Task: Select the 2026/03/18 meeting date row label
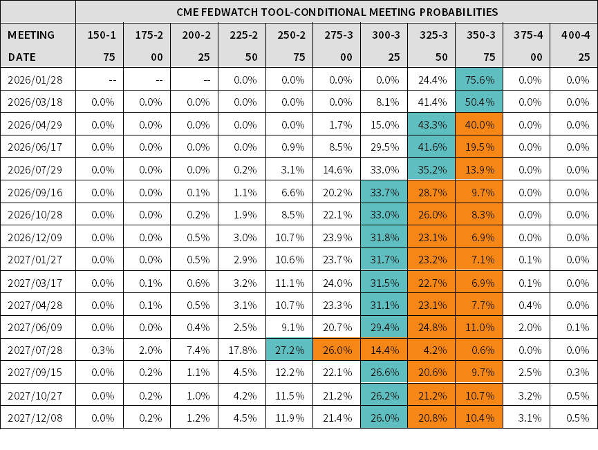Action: [x=35, y=102]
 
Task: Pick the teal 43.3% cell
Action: [x=431, y=125]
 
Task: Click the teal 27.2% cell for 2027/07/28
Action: [x=289, y=350]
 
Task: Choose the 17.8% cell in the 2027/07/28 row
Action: [x=241, y=350]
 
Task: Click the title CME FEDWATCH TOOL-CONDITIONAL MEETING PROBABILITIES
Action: [x=337, y=12]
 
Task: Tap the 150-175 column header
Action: [x=99, y=46]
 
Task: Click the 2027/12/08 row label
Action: [x=35, y=418]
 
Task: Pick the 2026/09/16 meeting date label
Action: [x=35, y=193]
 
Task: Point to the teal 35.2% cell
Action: [x=431, y=170]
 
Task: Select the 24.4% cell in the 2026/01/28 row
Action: [x=431, y=79]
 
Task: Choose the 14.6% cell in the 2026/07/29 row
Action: [x=337, y=170]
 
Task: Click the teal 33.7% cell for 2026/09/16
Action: [x=384, y=193]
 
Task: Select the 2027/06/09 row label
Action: [x=35, y=328]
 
